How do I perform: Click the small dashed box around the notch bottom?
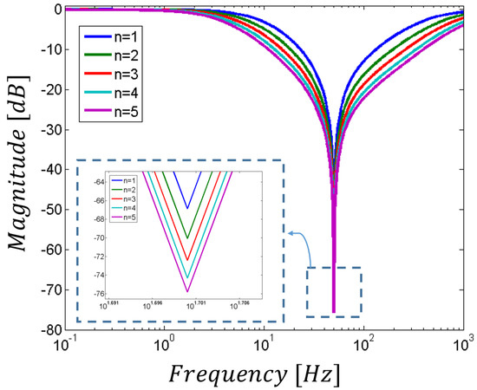tap(333, 292)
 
